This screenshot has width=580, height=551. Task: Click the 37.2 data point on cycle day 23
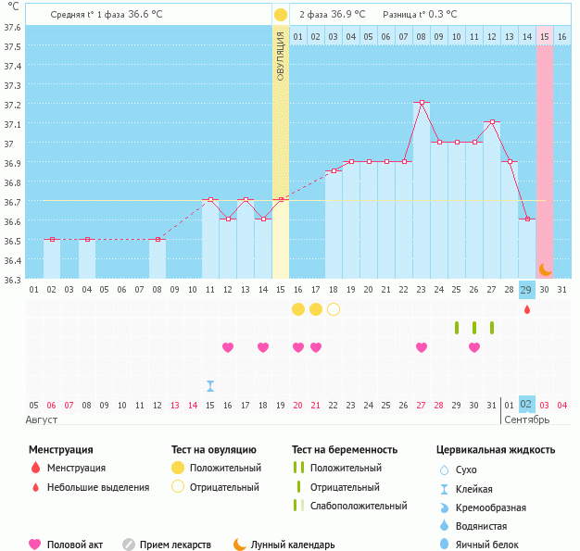422,103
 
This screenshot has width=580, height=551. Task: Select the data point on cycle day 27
492,121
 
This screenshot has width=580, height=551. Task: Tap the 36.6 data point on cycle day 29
527,219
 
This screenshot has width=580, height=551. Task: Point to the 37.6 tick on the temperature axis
12,28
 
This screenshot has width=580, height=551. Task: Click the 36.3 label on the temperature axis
12,280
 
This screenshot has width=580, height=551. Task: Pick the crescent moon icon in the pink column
545,269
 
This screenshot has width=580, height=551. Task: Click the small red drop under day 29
527,309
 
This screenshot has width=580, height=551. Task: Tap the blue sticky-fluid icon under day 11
210,386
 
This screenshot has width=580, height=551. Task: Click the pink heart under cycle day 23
422,347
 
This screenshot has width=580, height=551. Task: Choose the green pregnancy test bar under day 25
457,328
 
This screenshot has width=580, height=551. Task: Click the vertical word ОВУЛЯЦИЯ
281,56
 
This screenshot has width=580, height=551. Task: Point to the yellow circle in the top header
281,15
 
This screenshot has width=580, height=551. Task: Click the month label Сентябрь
527,420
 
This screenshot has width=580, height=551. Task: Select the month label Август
42,420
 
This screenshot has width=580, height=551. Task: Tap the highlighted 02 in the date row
527,404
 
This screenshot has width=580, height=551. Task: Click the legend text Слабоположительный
359,506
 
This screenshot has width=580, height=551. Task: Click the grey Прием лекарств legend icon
129,545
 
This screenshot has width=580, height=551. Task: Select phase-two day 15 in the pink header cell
545,36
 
